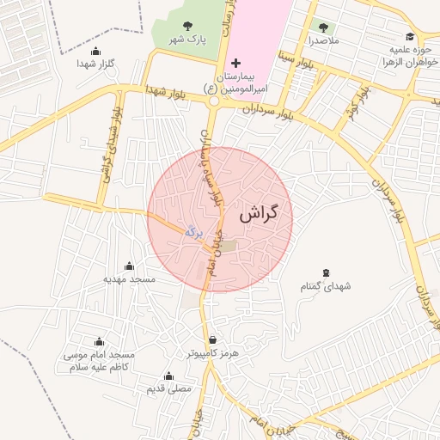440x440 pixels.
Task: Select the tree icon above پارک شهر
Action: (x=188, y=26)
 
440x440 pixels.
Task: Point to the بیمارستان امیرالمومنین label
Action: (x=238, y=82)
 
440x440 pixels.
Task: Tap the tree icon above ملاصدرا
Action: (x=323, y=27)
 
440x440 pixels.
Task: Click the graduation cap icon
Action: (x=411, y=37)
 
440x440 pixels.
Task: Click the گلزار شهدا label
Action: (x=95, y=64)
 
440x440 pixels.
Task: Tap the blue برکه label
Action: (x=193, y=229)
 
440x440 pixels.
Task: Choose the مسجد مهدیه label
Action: (x=129, y=279)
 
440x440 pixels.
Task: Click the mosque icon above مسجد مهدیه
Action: (x=129, y=265)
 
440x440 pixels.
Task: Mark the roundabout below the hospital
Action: (x=213, y=101)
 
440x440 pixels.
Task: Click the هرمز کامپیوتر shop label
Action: (x=213, y=353)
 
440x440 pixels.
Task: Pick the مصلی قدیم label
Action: (x=168, y=389)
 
